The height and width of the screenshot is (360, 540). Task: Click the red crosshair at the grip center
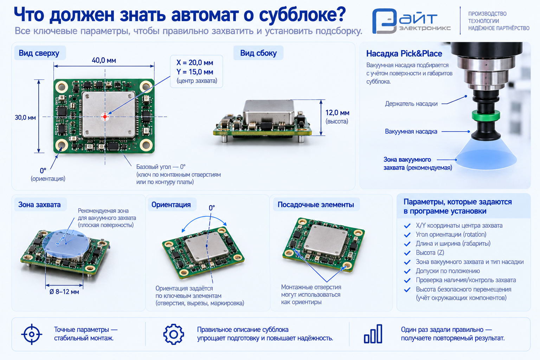click(105, 117)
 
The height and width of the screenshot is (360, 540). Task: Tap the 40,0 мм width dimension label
click(104, 60)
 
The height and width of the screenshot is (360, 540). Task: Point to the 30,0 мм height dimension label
click(25, 118)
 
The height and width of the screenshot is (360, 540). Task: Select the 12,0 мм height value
click(337, 112)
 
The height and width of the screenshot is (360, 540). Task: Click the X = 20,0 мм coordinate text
click(195, 63)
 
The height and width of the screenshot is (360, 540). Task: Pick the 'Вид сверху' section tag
click(39, 53)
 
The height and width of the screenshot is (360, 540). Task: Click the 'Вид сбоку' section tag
click(258, 53)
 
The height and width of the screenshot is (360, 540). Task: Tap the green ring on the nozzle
click(486, 116)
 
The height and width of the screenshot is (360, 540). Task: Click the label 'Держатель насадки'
click(411, 104)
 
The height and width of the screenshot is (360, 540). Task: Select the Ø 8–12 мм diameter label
click(64, 292)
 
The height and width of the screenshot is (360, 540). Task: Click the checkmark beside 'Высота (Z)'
click(407, 253)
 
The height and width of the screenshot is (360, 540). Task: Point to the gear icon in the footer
click(174, 334)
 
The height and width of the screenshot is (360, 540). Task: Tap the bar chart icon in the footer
click(373, 334)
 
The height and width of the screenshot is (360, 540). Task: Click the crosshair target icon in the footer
click(32, 334)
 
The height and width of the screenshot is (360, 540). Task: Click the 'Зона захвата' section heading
click(39, 205)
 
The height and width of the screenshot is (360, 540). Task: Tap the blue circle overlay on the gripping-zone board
click(66, 244)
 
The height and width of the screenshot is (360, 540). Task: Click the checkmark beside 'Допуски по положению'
click(407, 271)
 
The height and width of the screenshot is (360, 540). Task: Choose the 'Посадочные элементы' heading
click(316, 205)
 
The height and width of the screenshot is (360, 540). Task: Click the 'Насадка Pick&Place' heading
click(404, 53)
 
